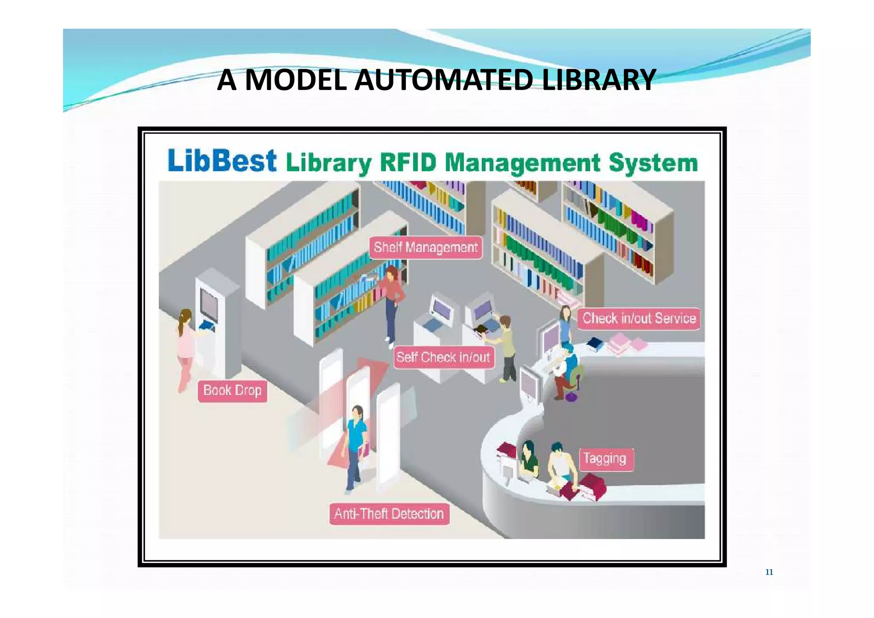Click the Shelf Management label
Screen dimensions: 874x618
coord(425,248)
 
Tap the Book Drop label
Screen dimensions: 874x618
coord(232,391)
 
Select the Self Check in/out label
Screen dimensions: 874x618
coord(443,357)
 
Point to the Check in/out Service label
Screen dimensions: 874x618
coord(639,318)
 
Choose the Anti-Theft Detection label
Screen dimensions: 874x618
coord(389,513)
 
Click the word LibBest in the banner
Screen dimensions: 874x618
coord(222,161)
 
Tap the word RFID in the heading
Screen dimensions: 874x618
coord(408,163)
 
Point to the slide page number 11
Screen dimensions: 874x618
coord(769,572)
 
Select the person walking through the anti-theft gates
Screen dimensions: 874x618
coord(355,448)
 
